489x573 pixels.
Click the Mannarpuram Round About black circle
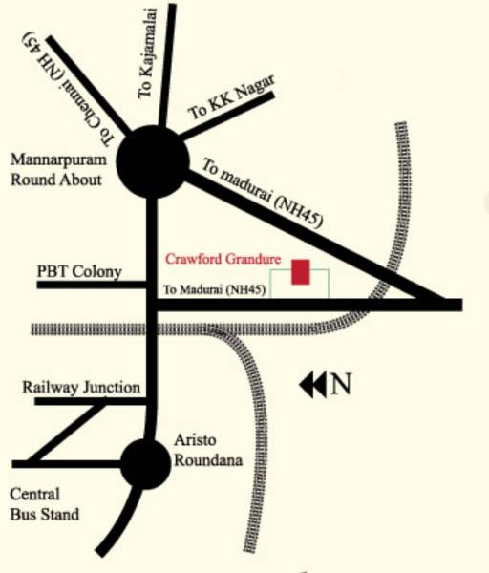tap(152, 159)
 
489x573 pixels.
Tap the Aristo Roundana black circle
tap(146, 463)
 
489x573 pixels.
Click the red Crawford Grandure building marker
tap(301, 272)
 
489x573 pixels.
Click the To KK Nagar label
tap(231, 99)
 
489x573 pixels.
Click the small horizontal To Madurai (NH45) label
tap(213, 290)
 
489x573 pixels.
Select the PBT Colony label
tap(79, 272)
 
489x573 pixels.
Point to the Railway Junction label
tap(82, 388)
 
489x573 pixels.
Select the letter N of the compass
tap(341, 385)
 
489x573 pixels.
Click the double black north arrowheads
tap(312, 385)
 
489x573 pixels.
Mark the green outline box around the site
tap(328, 282)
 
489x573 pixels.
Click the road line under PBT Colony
tap(91, 285)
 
